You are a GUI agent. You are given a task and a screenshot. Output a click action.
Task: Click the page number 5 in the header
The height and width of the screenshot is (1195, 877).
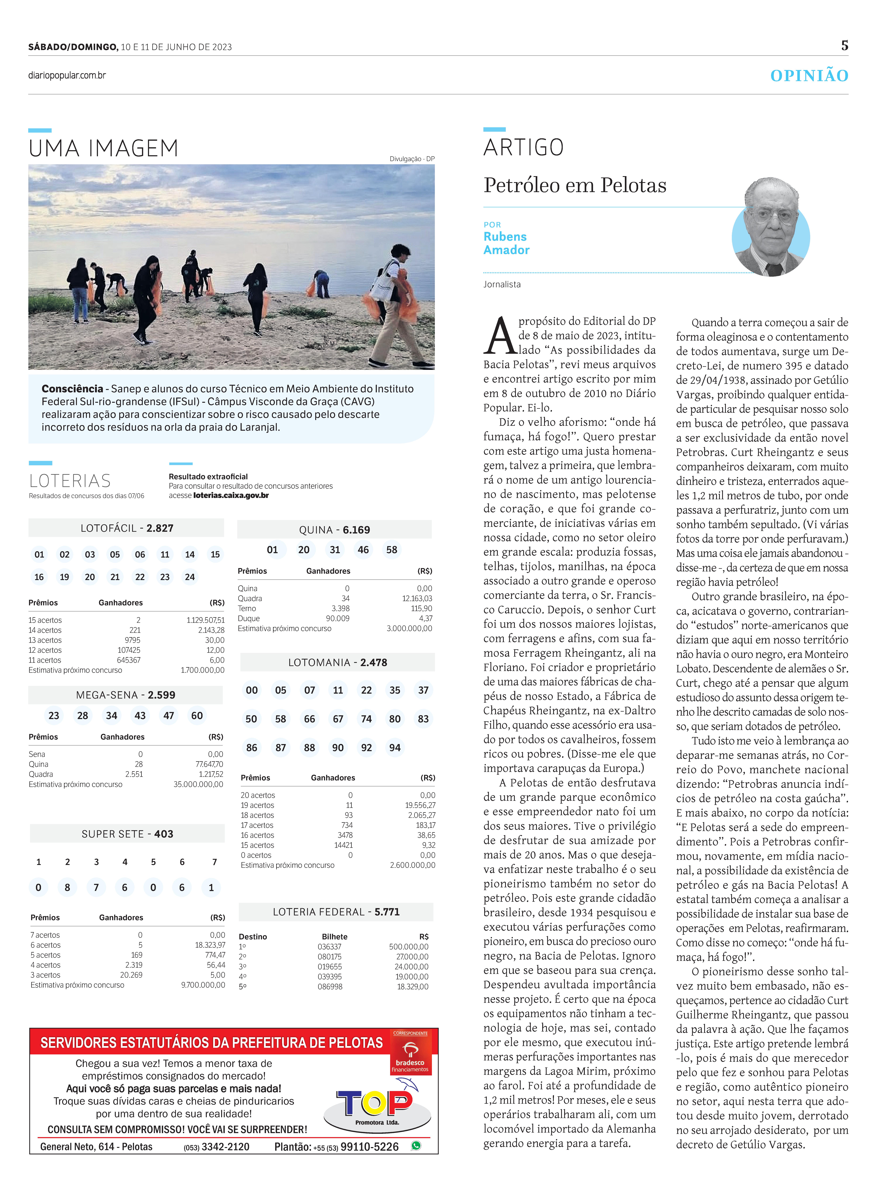click(x=844, y=46)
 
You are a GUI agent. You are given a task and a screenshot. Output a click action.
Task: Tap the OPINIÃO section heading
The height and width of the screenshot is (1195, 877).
click(x=809, y=76)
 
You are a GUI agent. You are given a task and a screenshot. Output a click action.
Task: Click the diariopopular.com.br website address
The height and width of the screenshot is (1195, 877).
click(x=67, y=75)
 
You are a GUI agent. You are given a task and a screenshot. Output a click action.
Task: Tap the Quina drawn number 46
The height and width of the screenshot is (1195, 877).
click(x=363, y=550)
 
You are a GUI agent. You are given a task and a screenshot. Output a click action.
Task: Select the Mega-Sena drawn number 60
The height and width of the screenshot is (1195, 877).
click(x=197, y=715)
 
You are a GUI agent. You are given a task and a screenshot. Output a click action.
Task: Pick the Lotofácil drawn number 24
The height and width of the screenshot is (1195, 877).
click(x=189, y=577)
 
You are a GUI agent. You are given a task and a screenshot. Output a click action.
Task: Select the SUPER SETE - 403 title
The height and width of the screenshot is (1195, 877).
click(x=127, y=834)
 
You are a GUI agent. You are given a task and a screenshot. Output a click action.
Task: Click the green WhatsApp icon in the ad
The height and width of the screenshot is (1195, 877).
click(x=416, y=1146)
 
